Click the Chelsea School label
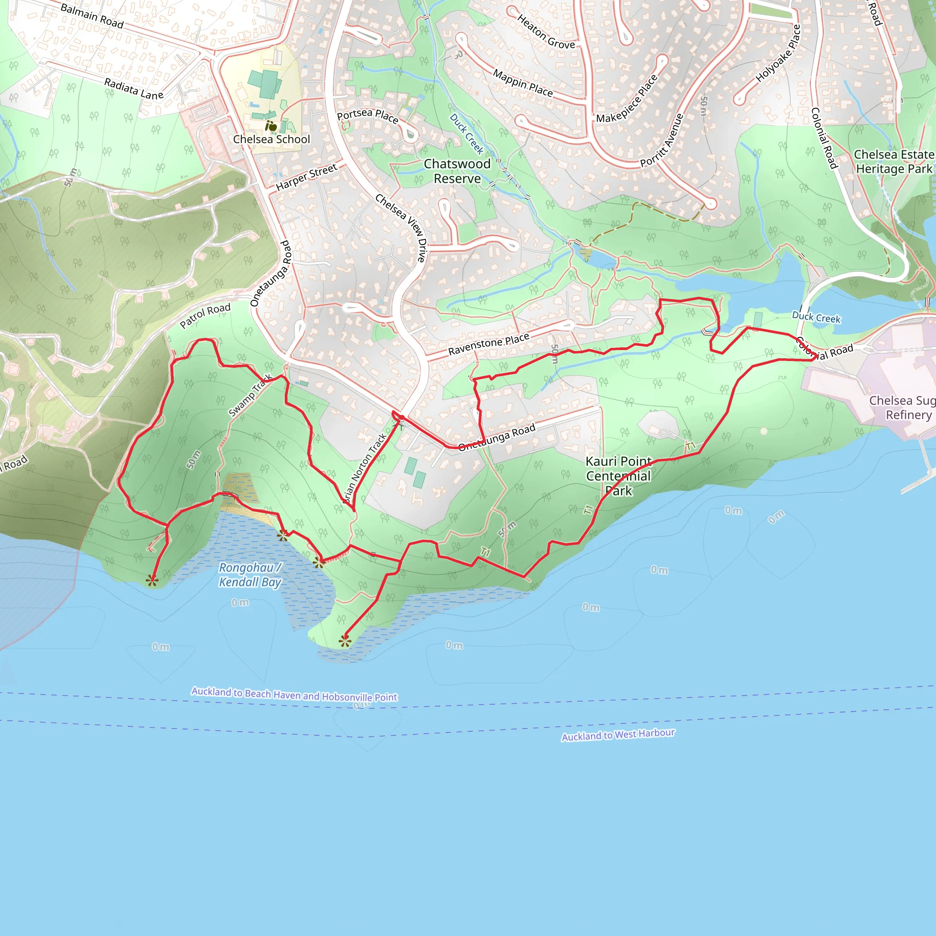[271, 139]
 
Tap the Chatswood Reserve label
[457, 171]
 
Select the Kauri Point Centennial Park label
[618, 476]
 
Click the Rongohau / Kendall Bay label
[250, 574]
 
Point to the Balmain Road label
[92, 16]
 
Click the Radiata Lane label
[134, 89]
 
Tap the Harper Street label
[306, 177]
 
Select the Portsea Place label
[367, 116]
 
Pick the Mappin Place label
[523, 83]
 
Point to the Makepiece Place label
[627, 99]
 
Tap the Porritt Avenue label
[662, 140]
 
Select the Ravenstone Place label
[489, 345]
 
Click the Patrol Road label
[205, 316]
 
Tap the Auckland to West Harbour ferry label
[618, 735]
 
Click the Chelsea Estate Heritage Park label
[893, 162]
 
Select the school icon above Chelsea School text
[271, 127]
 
